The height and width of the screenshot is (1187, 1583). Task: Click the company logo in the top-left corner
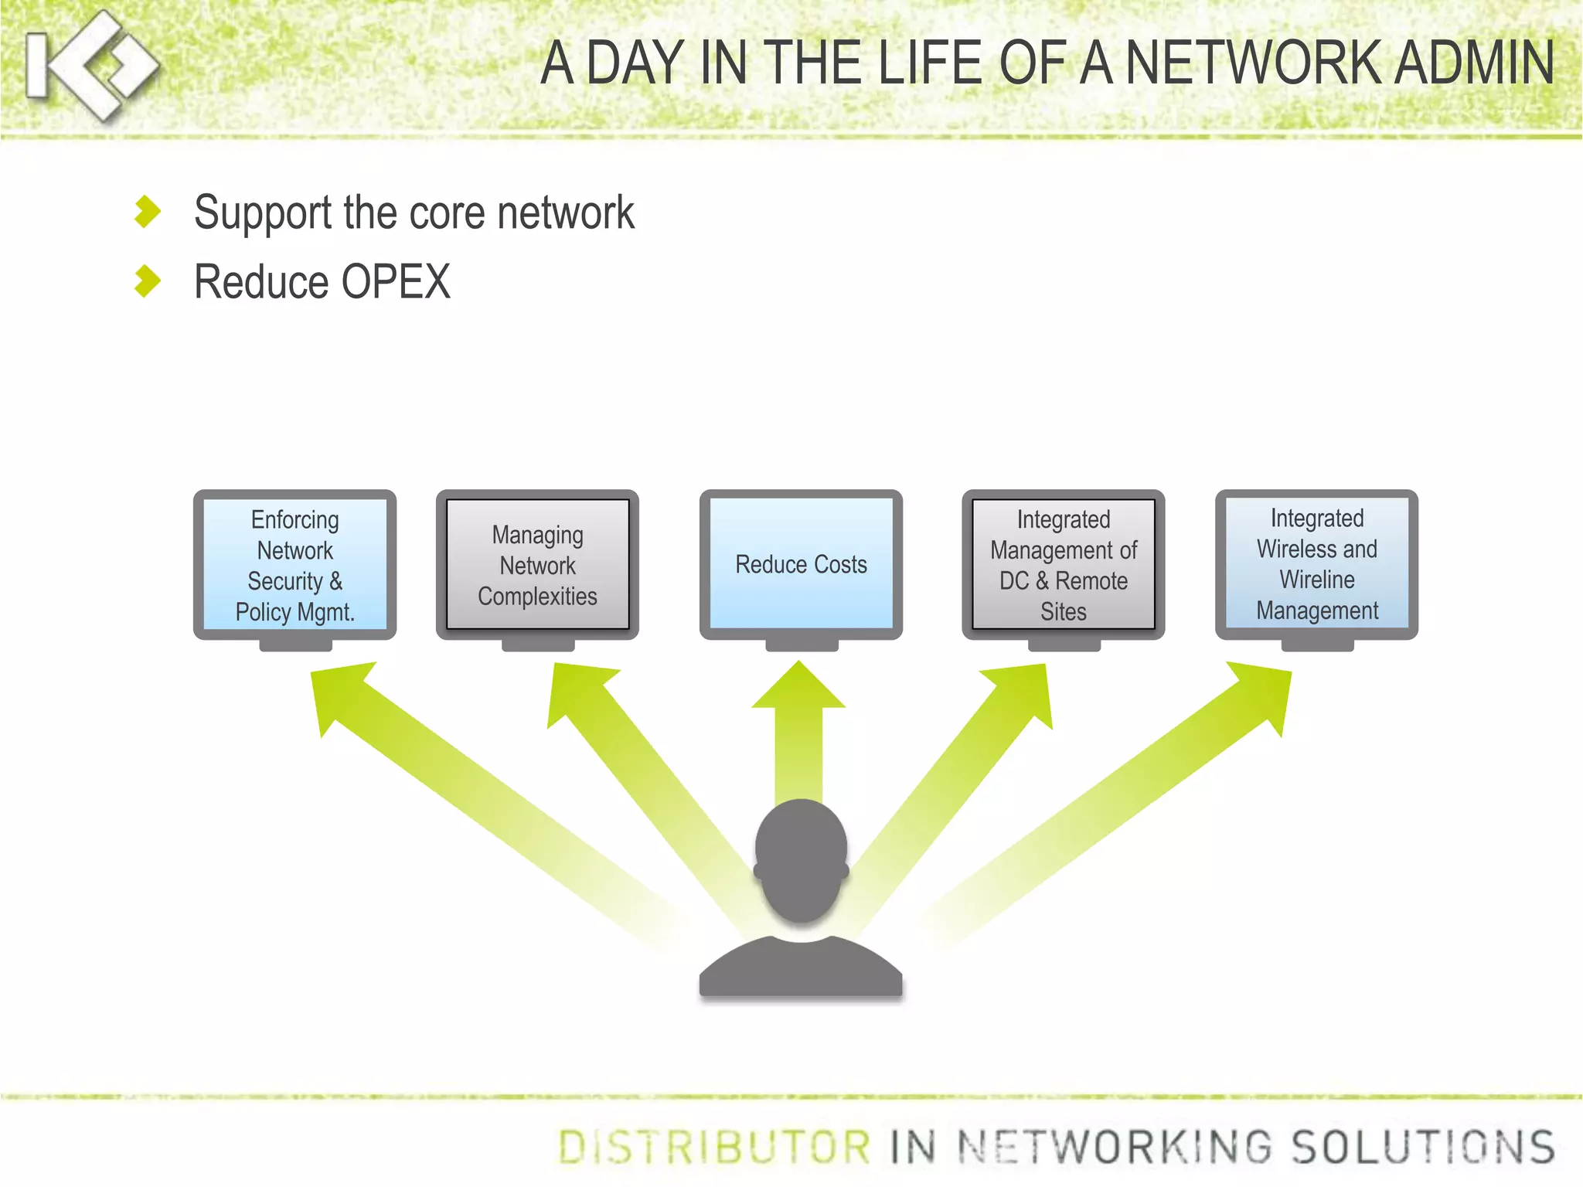click(91, 66)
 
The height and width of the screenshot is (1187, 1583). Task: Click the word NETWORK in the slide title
click(1252, 63)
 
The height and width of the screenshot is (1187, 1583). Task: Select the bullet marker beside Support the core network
click(147, 212)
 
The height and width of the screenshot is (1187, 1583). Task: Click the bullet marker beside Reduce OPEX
click(147, 281)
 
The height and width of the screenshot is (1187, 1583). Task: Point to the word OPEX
click(395, 281)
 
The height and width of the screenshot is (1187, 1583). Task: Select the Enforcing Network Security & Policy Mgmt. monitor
click(294, 565)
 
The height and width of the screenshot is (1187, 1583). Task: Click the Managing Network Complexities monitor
click(537, 565)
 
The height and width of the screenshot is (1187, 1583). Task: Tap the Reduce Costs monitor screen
click(801, 565)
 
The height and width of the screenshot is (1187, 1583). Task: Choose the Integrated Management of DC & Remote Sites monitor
click(1063, 565)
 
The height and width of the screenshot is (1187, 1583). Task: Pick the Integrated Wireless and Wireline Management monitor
click(1316, 565)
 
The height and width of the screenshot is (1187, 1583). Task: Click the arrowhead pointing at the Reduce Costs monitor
click(798, 688)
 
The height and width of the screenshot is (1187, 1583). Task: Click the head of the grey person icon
click(801, 858)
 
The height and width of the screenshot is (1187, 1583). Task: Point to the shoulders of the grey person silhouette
click(801, 966)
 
